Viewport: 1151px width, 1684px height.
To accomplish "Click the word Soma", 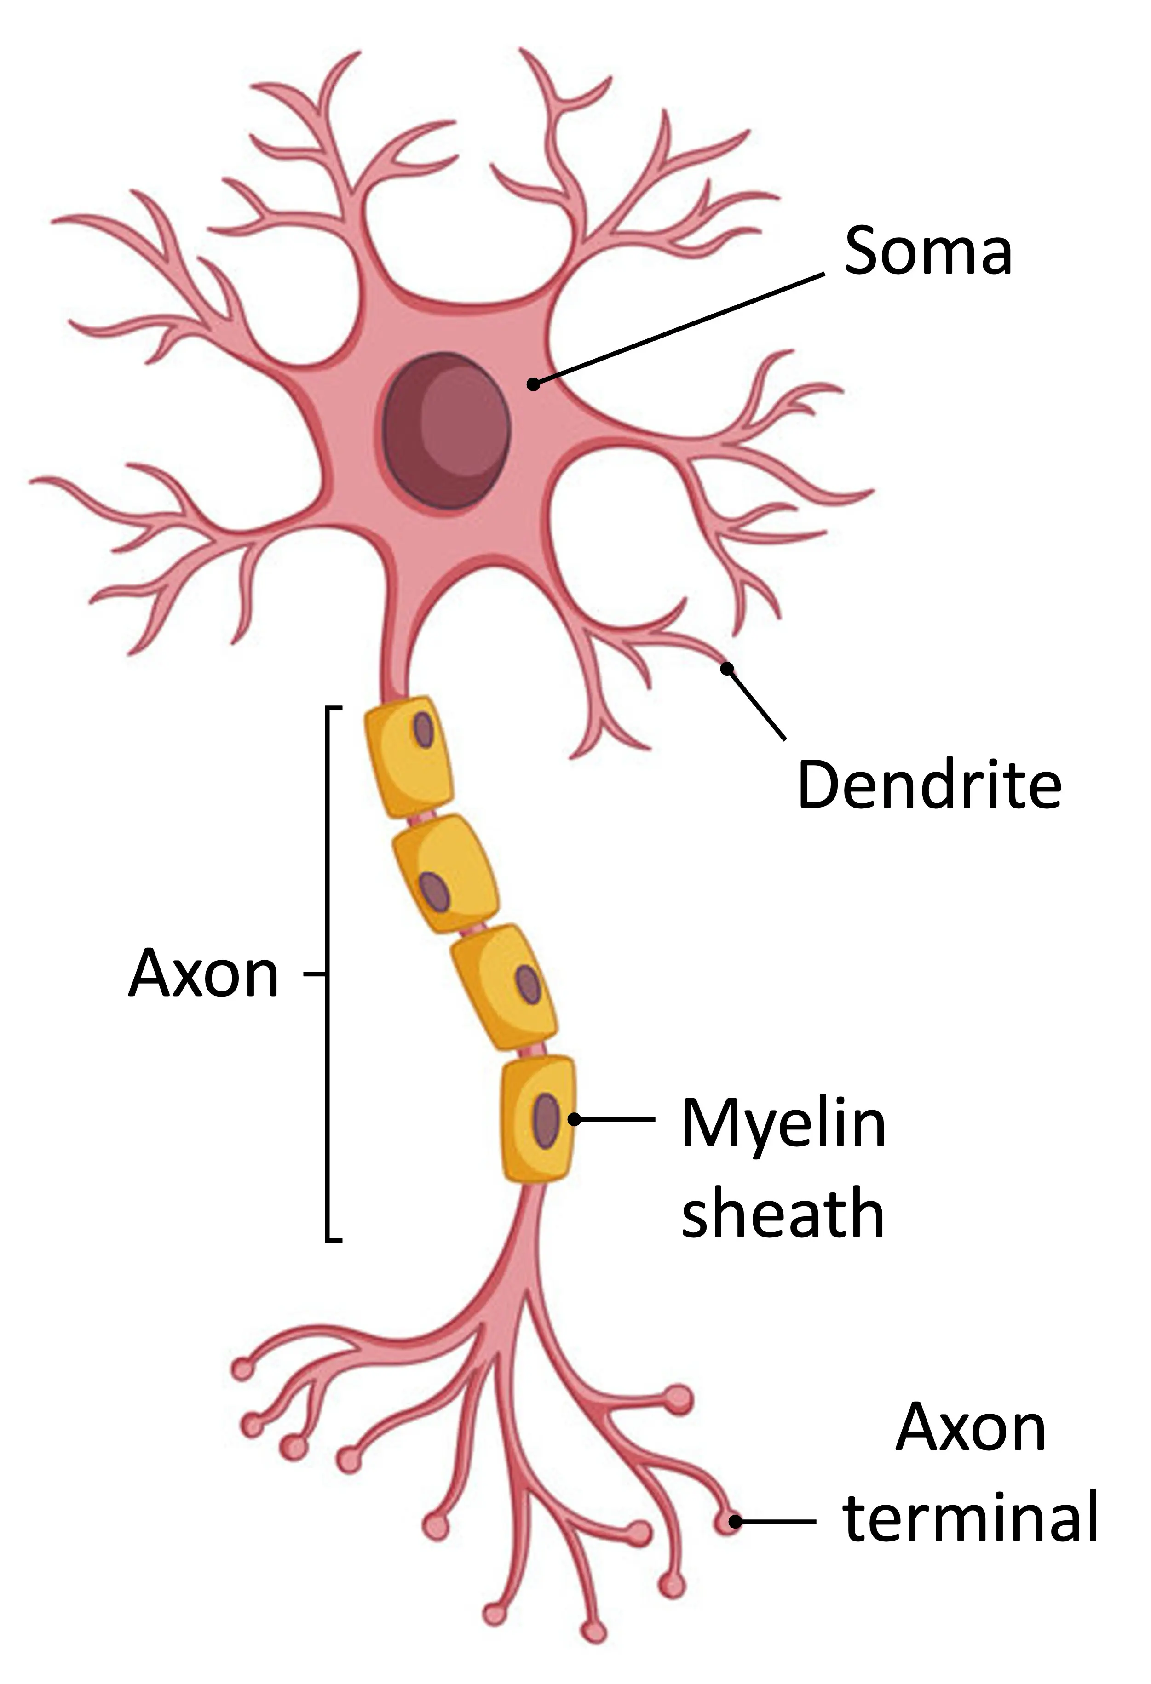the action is point(928,250).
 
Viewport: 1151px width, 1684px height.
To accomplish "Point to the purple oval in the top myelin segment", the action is point(423,730).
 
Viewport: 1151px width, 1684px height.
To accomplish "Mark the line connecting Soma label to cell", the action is point(679,329).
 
